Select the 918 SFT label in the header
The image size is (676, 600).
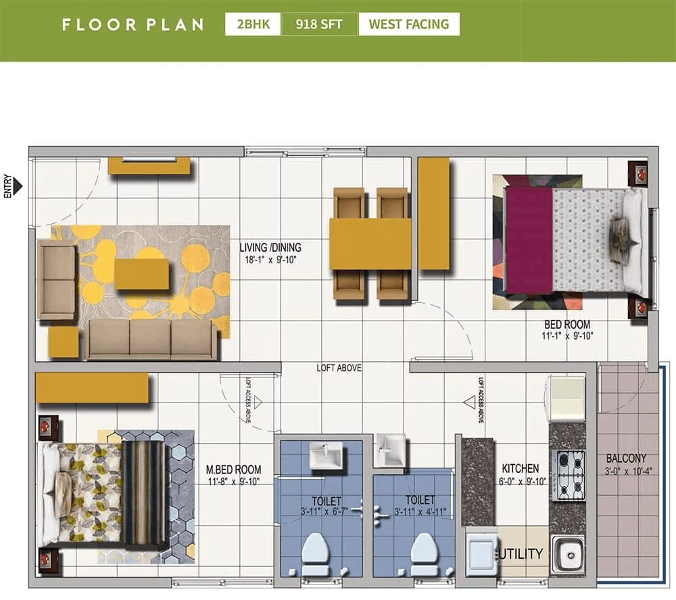point(319,24)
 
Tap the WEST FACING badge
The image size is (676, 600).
point(408,24)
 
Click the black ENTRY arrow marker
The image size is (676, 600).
point(18,185)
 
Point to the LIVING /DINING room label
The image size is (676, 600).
point(270,248)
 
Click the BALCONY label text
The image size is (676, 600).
point(626,458)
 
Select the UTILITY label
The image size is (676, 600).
point(522,554)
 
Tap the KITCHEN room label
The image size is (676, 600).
point(521,468)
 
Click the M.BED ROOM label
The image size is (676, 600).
point(234,469)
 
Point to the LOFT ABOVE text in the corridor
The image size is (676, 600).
point(339,368)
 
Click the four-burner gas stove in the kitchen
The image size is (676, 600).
point(568,476)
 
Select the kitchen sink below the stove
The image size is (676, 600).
point(567,555)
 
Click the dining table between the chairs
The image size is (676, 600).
point(370,244)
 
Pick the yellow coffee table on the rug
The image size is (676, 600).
point(141,274)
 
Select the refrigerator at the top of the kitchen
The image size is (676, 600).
point(566,399)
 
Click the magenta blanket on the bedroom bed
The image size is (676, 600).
point(528,240)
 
